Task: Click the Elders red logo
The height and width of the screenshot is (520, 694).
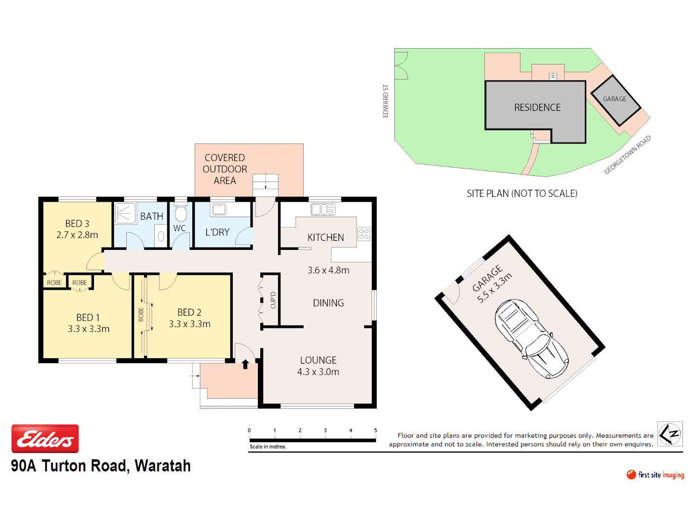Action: (45, 439)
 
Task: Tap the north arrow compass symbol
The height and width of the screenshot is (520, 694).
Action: (670, 434)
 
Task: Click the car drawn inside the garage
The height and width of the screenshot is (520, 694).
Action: (531, 338)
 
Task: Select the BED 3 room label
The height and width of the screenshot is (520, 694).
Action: (77, 224)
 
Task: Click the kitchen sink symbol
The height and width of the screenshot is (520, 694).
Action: (323, 209)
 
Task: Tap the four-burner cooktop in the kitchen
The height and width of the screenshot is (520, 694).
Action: (364, 234)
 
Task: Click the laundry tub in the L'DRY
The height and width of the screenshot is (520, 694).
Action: (219, 209)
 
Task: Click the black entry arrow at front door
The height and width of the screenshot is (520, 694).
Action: (245, 364)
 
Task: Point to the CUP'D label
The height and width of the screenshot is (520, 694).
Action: (273, 300)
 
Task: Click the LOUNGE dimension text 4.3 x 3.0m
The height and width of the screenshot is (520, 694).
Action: (318, 372)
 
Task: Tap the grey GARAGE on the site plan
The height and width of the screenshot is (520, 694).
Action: (615, 99)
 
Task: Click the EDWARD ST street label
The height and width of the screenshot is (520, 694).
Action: (386, 101)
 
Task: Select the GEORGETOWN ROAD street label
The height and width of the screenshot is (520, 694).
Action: (627, 155)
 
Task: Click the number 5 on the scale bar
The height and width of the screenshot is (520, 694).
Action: (375, 430)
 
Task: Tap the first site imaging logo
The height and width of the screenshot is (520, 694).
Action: (655, 475)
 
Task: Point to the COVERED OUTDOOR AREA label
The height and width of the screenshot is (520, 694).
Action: (225, 169)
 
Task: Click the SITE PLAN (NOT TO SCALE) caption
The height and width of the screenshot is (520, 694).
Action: (522, 194)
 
